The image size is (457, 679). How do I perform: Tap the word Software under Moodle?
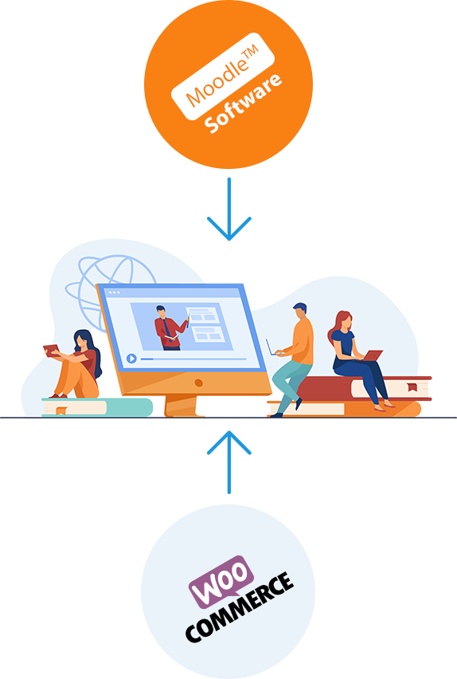[x=243, y=104]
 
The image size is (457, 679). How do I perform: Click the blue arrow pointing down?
[x=229, y=209]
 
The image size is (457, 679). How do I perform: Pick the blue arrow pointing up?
[x=229, y=462]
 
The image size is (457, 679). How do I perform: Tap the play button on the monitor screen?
[x=131, y=359]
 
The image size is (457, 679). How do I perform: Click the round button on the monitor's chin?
[x=198, y=383]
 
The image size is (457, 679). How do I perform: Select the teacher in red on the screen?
[x=170, y=328]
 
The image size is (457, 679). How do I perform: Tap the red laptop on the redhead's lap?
[x=373, y=355]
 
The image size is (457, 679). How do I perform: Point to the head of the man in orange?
[x=300, y=311]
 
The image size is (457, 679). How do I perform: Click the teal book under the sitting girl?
[x=97, y=407]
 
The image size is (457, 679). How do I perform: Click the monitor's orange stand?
[x=181, y=406]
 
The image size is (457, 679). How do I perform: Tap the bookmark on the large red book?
[x=412, y=387]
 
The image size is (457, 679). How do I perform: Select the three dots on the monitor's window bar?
[x=115, y=292]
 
